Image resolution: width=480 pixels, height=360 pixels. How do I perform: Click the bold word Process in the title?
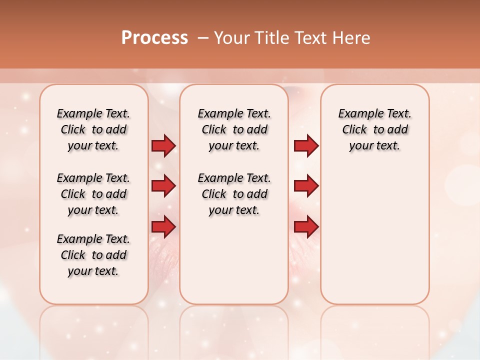154,38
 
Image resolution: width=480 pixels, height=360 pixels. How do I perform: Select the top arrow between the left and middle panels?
163,146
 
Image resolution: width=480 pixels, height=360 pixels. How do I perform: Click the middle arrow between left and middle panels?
163,186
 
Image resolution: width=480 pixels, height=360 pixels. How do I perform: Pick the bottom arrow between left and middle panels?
163,227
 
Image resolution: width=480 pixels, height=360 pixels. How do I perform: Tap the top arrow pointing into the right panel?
306,146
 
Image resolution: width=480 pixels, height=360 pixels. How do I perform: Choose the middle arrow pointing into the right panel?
306,186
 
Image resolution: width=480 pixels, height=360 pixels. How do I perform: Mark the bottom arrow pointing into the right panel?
306,227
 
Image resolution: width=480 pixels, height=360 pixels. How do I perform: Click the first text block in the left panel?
93,129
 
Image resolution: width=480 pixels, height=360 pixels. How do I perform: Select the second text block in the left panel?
93,194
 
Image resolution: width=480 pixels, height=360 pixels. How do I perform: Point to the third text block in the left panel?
93,255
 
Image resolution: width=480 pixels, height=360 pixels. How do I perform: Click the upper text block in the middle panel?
234,129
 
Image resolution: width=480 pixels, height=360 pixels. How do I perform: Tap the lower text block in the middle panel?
234,194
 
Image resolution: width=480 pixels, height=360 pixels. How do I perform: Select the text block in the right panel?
375,129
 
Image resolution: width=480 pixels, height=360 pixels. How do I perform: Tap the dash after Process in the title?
202,38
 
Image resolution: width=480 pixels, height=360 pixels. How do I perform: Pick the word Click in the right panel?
354,130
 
